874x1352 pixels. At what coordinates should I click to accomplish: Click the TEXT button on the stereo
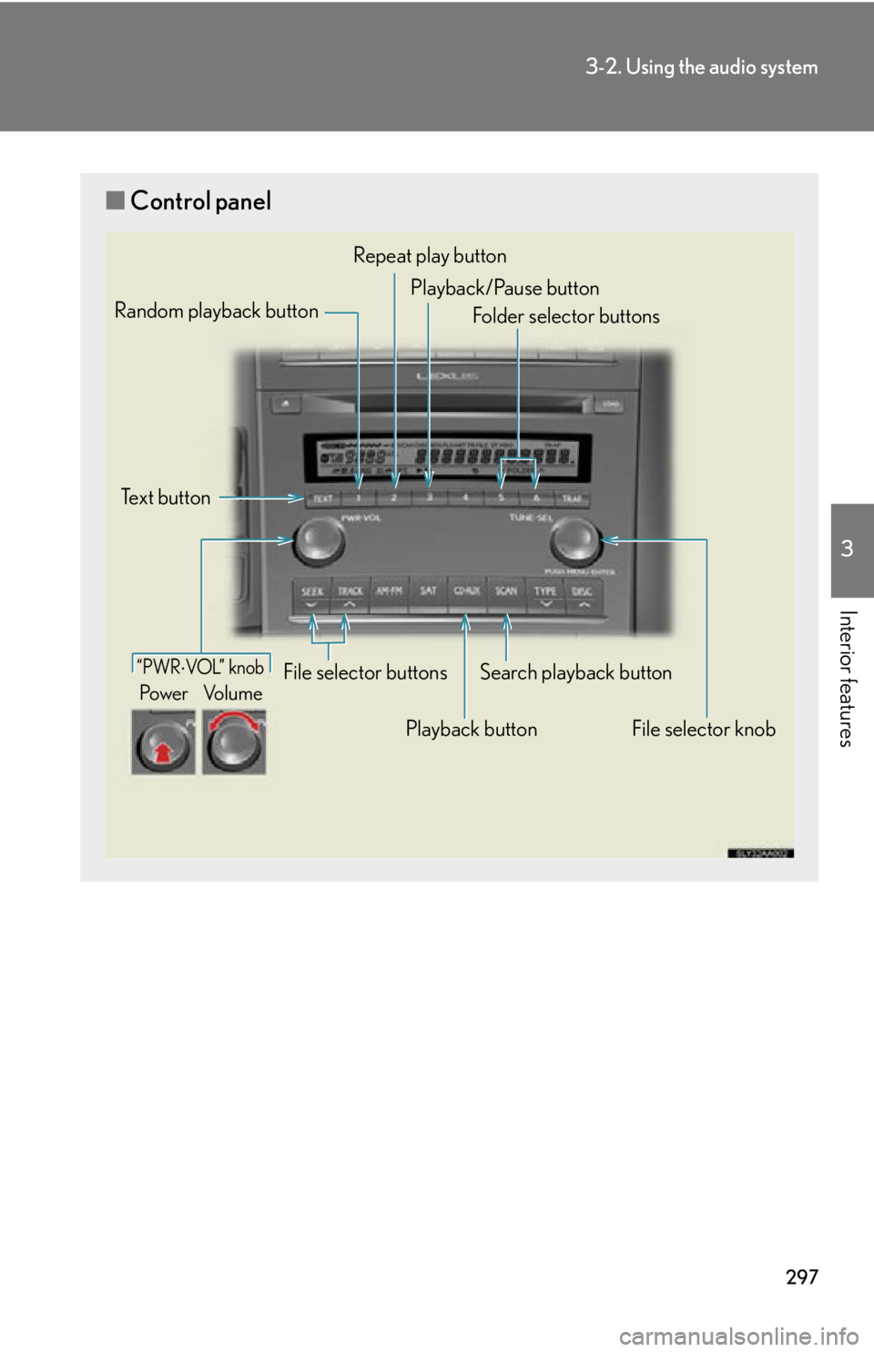point(322,498)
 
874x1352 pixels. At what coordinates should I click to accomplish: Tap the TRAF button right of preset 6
point(571,498)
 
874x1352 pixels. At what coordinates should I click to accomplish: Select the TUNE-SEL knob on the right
point(575,541)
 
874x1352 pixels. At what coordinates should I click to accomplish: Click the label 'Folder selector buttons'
point(565,316)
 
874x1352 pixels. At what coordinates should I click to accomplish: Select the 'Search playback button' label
point(575,672)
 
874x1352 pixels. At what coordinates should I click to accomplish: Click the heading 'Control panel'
point(200,201)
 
